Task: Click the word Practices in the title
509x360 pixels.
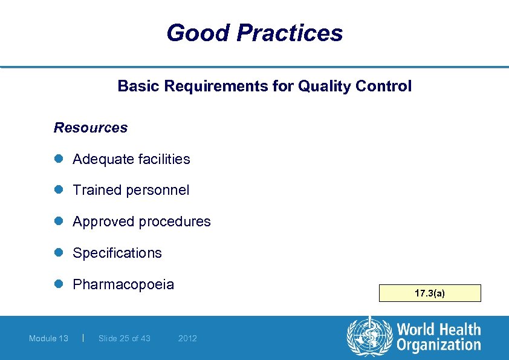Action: (290, 33)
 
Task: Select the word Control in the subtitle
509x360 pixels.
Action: (384, 87)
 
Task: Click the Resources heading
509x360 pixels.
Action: (91, 128)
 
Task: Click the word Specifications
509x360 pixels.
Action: (117, 253)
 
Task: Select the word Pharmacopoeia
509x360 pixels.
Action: (123, 284)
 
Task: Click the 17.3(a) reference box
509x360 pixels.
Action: (430, 293)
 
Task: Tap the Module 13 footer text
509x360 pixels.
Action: (48, 338)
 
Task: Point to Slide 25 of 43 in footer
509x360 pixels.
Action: (125, 338)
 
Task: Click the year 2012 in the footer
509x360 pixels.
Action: (187, 338)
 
